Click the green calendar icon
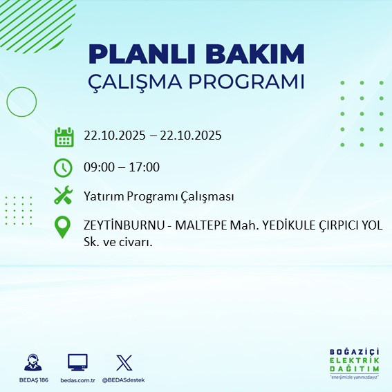point(64,136)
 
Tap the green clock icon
point(64,167)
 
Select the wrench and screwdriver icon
point(64,196)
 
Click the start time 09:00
point(99,167)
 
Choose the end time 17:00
point(145,167)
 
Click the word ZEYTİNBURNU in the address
point(124,225)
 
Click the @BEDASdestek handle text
point(124,380)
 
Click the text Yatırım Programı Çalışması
point(159,196)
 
